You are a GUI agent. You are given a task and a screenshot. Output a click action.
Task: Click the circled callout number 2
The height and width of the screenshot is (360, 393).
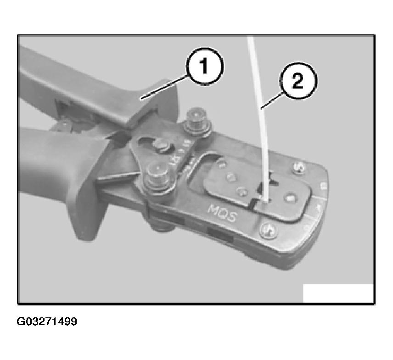tap(297, 83)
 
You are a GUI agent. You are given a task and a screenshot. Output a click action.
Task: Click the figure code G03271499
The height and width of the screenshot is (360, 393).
tap(47, 321)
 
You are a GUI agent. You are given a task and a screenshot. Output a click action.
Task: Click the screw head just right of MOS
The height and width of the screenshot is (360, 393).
tap(267, 231)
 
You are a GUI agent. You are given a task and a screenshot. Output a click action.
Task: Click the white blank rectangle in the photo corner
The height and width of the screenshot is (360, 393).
tap(338, 293)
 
